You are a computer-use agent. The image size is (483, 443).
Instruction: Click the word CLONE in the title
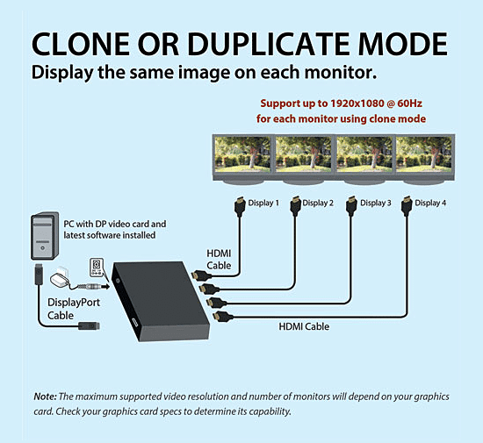pos(81,44)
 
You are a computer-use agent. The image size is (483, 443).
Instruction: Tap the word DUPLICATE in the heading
pos(268,44)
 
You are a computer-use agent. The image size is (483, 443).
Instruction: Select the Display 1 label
pos(263,203)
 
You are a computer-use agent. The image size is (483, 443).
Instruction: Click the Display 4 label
pos(430,203)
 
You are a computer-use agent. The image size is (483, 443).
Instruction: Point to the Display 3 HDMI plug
pos(351,205)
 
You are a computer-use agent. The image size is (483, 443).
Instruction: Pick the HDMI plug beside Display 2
pos(295,205)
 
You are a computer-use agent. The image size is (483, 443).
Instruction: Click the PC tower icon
pos(45,236)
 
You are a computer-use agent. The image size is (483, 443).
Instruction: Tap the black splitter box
pos(161,301)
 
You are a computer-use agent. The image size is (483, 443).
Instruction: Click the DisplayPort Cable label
pos(74,309)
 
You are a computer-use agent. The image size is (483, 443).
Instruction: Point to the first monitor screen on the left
pos(242,154)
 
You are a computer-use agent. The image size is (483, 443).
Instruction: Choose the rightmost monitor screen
pos(424,154)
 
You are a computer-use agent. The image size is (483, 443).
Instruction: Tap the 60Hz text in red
pos(410,104)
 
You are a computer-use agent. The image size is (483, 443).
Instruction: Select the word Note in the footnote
pos(45,397)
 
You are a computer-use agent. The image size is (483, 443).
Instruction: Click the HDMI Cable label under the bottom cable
pos(304,326)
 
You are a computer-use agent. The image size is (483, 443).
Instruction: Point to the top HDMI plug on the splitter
pos(201,275)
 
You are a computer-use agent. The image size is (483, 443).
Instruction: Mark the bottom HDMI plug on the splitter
pos(223,317)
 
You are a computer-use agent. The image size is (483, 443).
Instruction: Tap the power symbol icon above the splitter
pos(97,267)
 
